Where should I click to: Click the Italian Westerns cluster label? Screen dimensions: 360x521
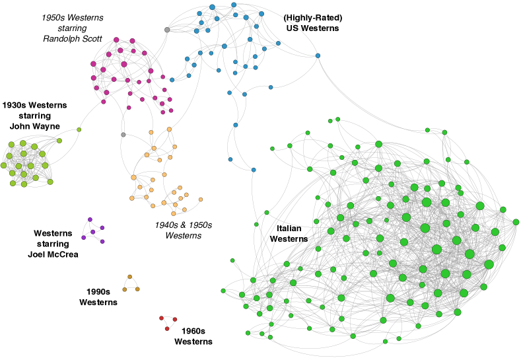click(289, 233)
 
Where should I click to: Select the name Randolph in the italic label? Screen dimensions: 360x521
click(59, 38)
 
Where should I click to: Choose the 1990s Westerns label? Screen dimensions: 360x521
click(98, 297)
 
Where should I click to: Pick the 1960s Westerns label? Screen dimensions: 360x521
click(193, 336)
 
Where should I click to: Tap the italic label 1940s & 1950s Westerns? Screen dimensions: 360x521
click(184, 230)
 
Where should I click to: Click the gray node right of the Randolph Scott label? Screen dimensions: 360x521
click(167, 30)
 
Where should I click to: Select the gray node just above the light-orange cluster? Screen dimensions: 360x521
click(123, 135)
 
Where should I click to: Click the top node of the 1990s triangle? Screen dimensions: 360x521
click(130, 277)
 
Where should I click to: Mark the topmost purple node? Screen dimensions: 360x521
click(90, 219)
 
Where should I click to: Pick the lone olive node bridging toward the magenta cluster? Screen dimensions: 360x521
click(79, 129)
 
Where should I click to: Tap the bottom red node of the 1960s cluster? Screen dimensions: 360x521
click(167, 329)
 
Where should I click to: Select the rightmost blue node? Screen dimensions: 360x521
click(318, 55)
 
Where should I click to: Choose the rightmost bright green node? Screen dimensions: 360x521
click(516, 222)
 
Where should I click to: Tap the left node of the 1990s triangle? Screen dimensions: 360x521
click(124, 289)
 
